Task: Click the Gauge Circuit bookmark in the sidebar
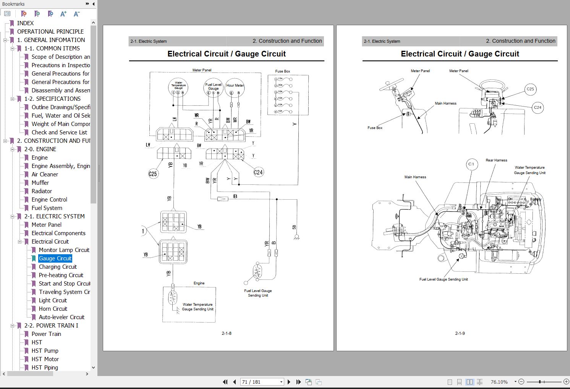pyautogui.click(x=55, y=258)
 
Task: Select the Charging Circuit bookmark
pyautogui.click(x=58, y=267)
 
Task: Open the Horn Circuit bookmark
pyautogui.click(x=53, y=309)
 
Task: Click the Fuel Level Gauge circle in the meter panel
pyautogui.click(x=213, y=88)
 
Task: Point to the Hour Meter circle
pyautogui.click(x=235, y=88)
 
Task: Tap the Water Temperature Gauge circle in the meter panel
pyautogui.click(x=178, y=87)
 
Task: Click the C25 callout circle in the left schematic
pyautogui.click(x=153, y=174)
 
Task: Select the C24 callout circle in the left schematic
pyautogui.click(x=258, y=172)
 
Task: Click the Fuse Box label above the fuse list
pyautogui.click(x=283, y=71)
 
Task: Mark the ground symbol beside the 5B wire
pyautogui.click(x=296, y=237)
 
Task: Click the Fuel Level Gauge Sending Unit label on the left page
pyautogui.click(x=258, y=293)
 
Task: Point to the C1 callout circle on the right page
pyautogui.click(x=471, y=164)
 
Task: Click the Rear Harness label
pyautogui.click(x=496, y=160)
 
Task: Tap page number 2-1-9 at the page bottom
pyautogui.click(x=460, y=333)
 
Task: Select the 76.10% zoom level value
pyautogui.click(x=499, y=382)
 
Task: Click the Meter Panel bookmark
pyautogui.click(x=46, y=225)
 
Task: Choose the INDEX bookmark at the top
pyautogui.click(x=25, y=23)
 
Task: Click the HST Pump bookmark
pyautogui.click(x=45, y=351)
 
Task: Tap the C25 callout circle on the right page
pyautogui.click(x=530, y=89)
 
